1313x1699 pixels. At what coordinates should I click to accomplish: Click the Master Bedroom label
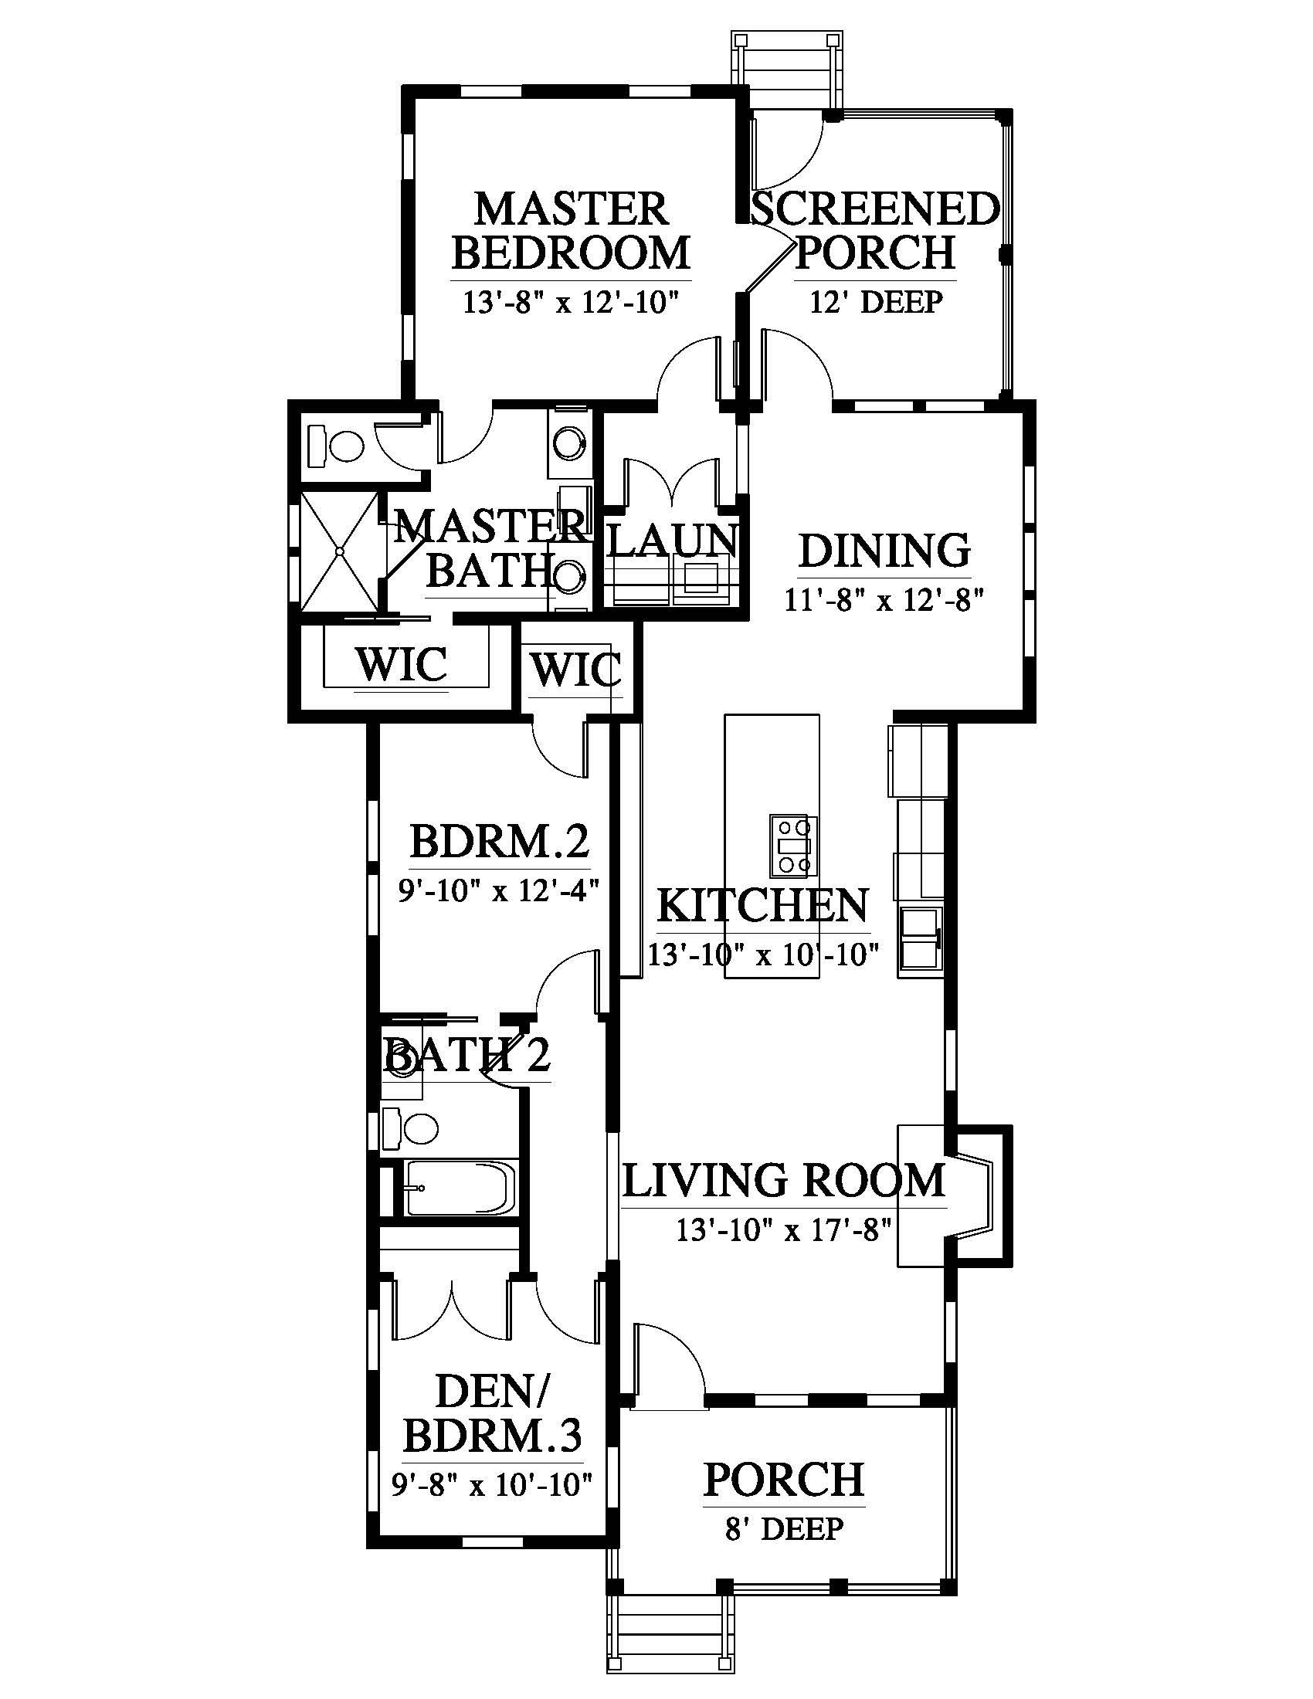coord(571,230)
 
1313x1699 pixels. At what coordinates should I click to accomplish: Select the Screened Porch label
coord(875,230)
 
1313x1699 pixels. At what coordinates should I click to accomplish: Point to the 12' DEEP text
coord(876,301)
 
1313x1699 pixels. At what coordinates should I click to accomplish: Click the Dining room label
coord(884,551)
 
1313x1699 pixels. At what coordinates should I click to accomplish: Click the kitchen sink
coord(920,940)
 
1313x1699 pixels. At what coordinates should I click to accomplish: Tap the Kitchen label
coord(763,906)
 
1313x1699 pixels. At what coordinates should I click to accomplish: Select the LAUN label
coord(672,540)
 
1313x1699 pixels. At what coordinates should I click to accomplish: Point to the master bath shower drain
coord(340,551)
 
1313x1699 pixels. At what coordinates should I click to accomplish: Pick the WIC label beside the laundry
coord(576,668)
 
